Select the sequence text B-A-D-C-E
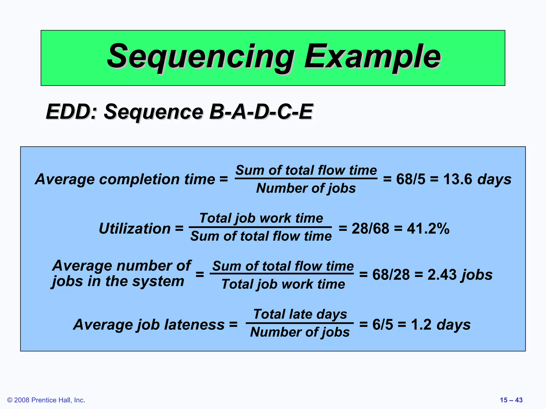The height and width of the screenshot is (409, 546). tap(261, 112)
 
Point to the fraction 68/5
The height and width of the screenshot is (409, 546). tap(411, 179)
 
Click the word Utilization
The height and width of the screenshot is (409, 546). tap(135, 228)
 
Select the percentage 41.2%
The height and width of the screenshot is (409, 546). tap(428, 228)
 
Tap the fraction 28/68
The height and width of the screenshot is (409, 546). tap(370, 228)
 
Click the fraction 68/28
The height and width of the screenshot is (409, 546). tap(391, 275)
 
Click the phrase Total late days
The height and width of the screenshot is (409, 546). tap(300, 314)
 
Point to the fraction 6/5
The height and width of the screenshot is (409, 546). tap(383, 325)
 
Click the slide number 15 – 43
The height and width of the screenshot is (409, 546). tap(511, 400)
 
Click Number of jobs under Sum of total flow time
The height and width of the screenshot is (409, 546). tap(306, 188)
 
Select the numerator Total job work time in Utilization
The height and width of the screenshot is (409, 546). tap(261, 218)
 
